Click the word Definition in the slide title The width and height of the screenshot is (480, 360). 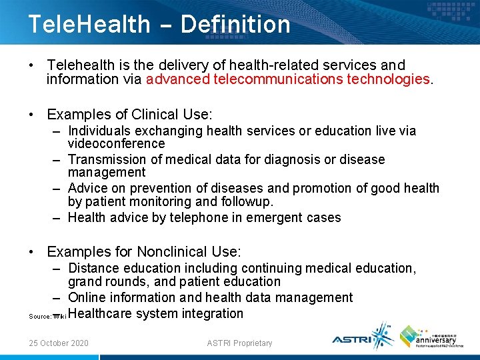pos(235,25)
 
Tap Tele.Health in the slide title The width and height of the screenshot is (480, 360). pos(89,25)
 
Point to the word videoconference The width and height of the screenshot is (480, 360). pos(116,144)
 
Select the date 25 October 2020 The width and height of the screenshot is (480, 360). pos(59,343)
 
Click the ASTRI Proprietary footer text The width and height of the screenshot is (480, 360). pos(240,343)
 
